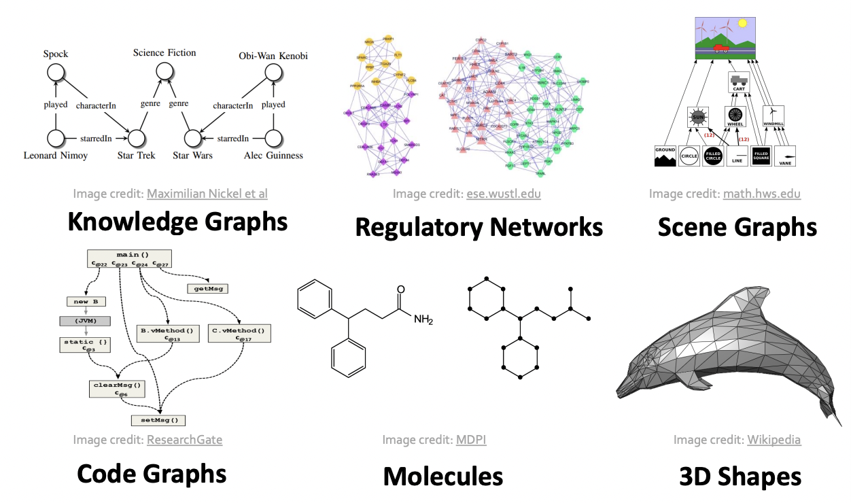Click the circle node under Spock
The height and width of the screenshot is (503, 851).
[x=55, y=72]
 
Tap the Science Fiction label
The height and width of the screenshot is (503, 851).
[x=164, y=52]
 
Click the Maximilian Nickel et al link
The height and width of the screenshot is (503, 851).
[x=207, y=194]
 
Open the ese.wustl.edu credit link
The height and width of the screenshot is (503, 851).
[x=504, y=194]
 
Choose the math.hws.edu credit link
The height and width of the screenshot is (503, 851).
[x=761, y=194]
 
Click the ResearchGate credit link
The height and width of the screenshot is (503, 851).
[x=184, y=440]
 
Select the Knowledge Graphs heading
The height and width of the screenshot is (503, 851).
[x=177, y=222]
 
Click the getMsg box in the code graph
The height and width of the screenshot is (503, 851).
[x=207, y=288]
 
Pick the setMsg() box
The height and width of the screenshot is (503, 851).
[x=158, y=420]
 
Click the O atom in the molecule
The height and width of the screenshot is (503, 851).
[x=400, y=290]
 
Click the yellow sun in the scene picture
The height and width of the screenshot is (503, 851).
[x=742, y=23]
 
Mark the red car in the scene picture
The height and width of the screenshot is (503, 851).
[x=721, y=48]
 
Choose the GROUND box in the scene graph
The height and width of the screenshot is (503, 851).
[x=664, y=156]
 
